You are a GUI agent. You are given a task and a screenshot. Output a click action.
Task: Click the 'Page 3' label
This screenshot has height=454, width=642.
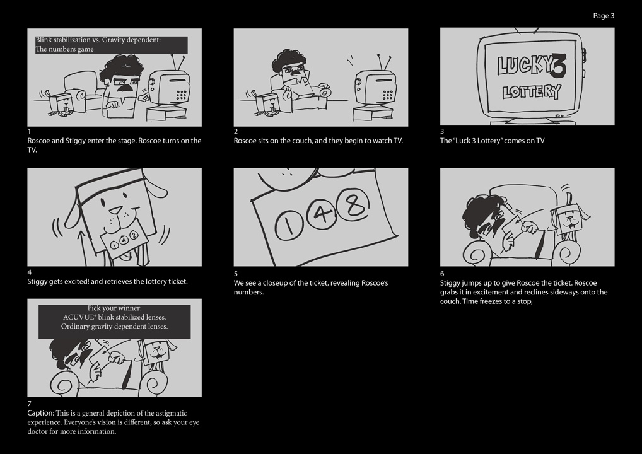tap(604, 16)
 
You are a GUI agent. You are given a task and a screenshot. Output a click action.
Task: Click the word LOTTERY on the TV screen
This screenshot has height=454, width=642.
tap(532, 92)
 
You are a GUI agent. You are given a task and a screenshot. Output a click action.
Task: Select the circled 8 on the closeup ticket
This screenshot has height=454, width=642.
tap(353, 204)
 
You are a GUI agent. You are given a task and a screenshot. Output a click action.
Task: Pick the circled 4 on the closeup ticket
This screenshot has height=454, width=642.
tap(322, 213)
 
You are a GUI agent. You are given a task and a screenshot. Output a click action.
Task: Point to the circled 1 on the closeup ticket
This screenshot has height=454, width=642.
tap(289, 225)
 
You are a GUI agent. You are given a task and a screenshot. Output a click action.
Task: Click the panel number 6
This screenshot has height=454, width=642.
tap(442, 274)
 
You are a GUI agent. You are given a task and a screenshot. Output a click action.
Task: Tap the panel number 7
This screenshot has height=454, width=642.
tap(30, 404)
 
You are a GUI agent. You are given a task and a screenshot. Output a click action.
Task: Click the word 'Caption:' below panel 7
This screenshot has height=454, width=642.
tap(40, 413)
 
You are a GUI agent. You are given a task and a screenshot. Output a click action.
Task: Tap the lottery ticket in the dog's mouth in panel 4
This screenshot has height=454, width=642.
tap(122, 241)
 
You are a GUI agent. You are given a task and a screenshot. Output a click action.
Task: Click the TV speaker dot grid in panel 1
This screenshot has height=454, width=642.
tap(182, 95)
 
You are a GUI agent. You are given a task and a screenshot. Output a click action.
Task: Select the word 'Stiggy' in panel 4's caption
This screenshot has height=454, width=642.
tap(37, 282)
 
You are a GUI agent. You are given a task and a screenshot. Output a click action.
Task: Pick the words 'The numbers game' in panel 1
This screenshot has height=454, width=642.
tap(65, 49)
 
